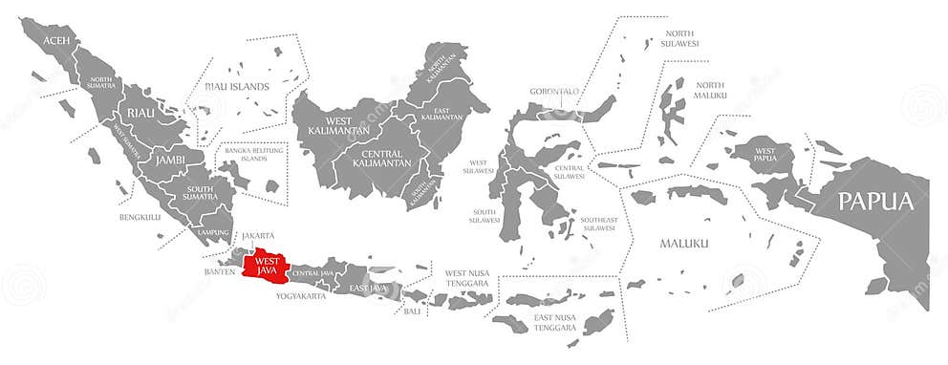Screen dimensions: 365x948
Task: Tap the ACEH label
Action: point(57,40)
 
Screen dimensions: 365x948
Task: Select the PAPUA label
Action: point(876,202)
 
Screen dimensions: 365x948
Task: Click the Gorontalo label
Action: point(554,92)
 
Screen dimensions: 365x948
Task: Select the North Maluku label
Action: point(711,90)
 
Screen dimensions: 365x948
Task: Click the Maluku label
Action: point(684,244)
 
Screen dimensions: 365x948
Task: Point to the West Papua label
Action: point(765,156)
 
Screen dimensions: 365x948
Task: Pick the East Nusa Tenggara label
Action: point(556,322)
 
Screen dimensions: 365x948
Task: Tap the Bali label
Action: point(412,311)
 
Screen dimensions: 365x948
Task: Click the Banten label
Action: point(220,271)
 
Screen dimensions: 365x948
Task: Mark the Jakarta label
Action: point(257,235)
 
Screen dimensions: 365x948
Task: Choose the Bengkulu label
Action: point(140,217)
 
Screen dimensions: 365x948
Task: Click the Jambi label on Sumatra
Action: point(170,160)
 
